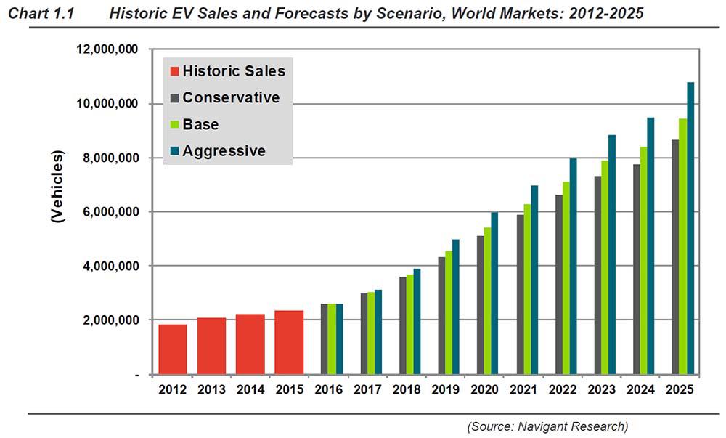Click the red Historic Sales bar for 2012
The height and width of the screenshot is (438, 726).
pyautogui.click(x=173, y=349)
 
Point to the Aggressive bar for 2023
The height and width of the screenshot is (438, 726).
pyautogui.click(x=612, y=255)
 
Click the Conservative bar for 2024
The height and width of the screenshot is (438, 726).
pyautogui.click(x=636, y=269)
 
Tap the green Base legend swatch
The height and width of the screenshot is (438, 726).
pyautogui.click(x=174, y=124)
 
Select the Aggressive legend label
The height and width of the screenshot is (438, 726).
pyautogui.click(x=224, y=151)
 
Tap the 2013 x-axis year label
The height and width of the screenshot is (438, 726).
pyautogui.click(x=211, y=390)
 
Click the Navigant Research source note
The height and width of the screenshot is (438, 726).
pyautogui.click(x=547, y=425)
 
